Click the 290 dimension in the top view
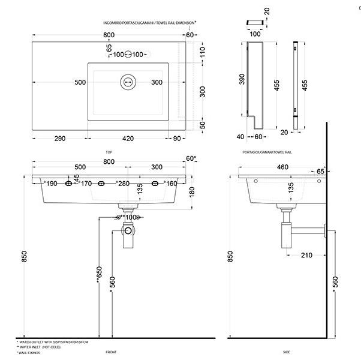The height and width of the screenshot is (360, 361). pos(59,139)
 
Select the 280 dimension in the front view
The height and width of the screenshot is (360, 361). pos(123,184)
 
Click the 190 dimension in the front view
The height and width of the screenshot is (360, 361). pos(51,184)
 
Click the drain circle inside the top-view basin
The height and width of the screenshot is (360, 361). pos(127,82)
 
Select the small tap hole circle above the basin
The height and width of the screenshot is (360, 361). pos(128,55)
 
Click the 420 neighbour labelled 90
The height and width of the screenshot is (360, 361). pos(178,139)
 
